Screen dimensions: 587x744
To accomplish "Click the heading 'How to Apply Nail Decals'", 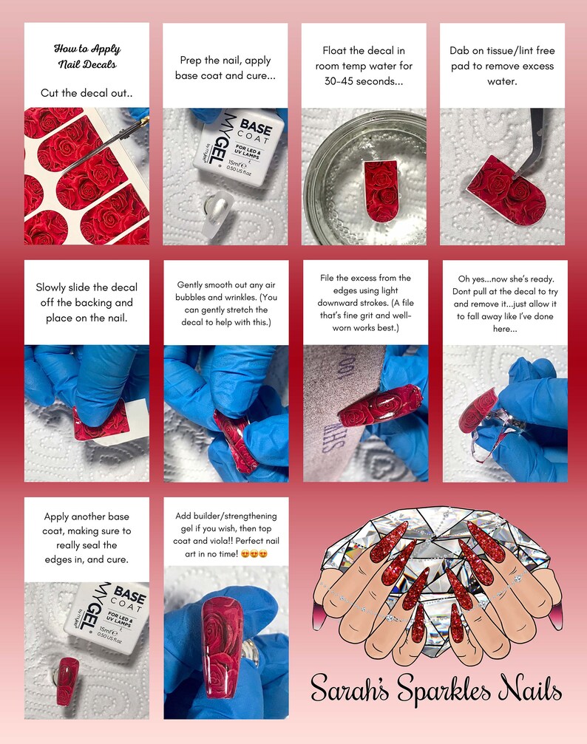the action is (x=87, y=56).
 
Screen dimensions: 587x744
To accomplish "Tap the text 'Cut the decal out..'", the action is (x=86, y=93).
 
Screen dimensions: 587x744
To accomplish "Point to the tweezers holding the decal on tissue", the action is (x=531, y=143).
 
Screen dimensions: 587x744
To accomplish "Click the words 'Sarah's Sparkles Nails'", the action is (x=436, y=688).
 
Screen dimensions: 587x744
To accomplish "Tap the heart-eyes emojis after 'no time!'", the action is (x=254, y=553).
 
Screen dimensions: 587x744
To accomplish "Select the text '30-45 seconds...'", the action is (x=364, y=81).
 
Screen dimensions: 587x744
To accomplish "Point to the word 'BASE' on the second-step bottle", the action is (x=256, y=128).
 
